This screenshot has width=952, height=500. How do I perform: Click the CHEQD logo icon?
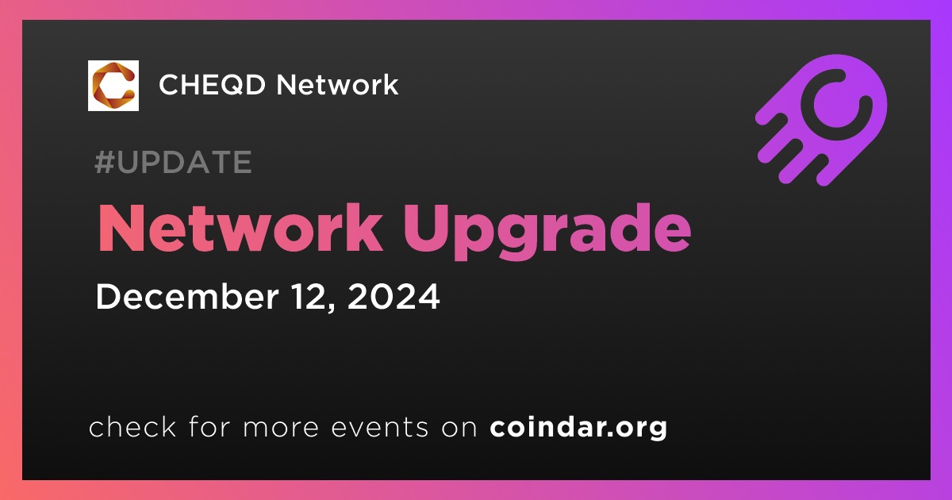[113, 86]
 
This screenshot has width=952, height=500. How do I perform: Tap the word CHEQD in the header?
[212, 85]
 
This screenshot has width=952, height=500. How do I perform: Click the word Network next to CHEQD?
[337, 84]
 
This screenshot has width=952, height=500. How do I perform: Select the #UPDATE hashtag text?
[174, 162]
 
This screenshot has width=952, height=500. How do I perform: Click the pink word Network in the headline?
[240, 229]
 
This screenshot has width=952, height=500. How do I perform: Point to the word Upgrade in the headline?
[547, 232]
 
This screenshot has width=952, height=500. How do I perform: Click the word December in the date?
[187, 296]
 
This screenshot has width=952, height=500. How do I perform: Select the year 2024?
[393, 296]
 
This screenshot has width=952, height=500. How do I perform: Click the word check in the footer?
[132, 426]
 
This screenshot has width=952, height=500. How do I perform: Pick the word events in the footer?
[380, 427]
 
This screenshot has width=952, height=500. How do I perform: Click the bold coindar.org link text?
[578, 428]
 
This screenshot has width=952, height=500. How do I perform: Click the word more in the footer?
[281, 428]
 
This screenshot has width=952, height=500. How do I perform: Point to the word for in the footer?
[209, 426]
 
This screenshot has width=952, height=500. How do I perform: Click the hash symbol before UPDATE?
[104, 162]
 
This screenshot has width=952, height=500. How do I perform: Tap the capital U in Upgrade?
[425, 229]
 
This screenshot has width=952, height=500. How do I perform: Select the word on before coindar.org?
[459, 428]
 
